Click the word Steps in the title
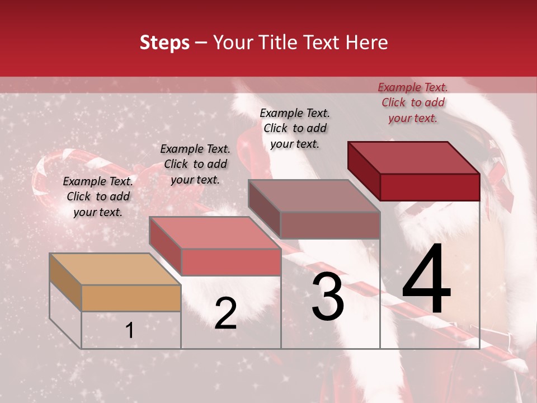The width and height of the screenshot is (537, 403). coord(164,43)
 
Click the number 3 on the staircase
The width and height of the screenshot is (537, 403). coord(328,297)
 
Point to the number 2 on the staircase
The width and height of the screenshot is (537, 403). coord(225,313)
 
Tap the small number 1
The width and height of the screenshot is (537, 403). coord(130,331)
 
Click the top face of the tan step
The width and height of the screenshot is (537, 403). coord(115,269)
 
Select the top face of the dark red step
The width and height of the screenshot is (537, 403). coord(414,157)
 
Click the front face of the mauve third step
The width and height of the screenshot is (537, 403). coord(330,225)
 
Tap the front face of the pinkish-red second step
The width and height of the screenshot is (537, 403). coord(231,262)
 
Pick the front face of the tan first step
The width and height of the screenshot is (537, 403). coord(131,298)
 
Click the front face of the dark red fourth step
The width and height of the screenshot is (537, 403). coord(430,186)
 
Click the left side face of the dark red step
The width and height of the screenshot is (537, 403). coord(364,171)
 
